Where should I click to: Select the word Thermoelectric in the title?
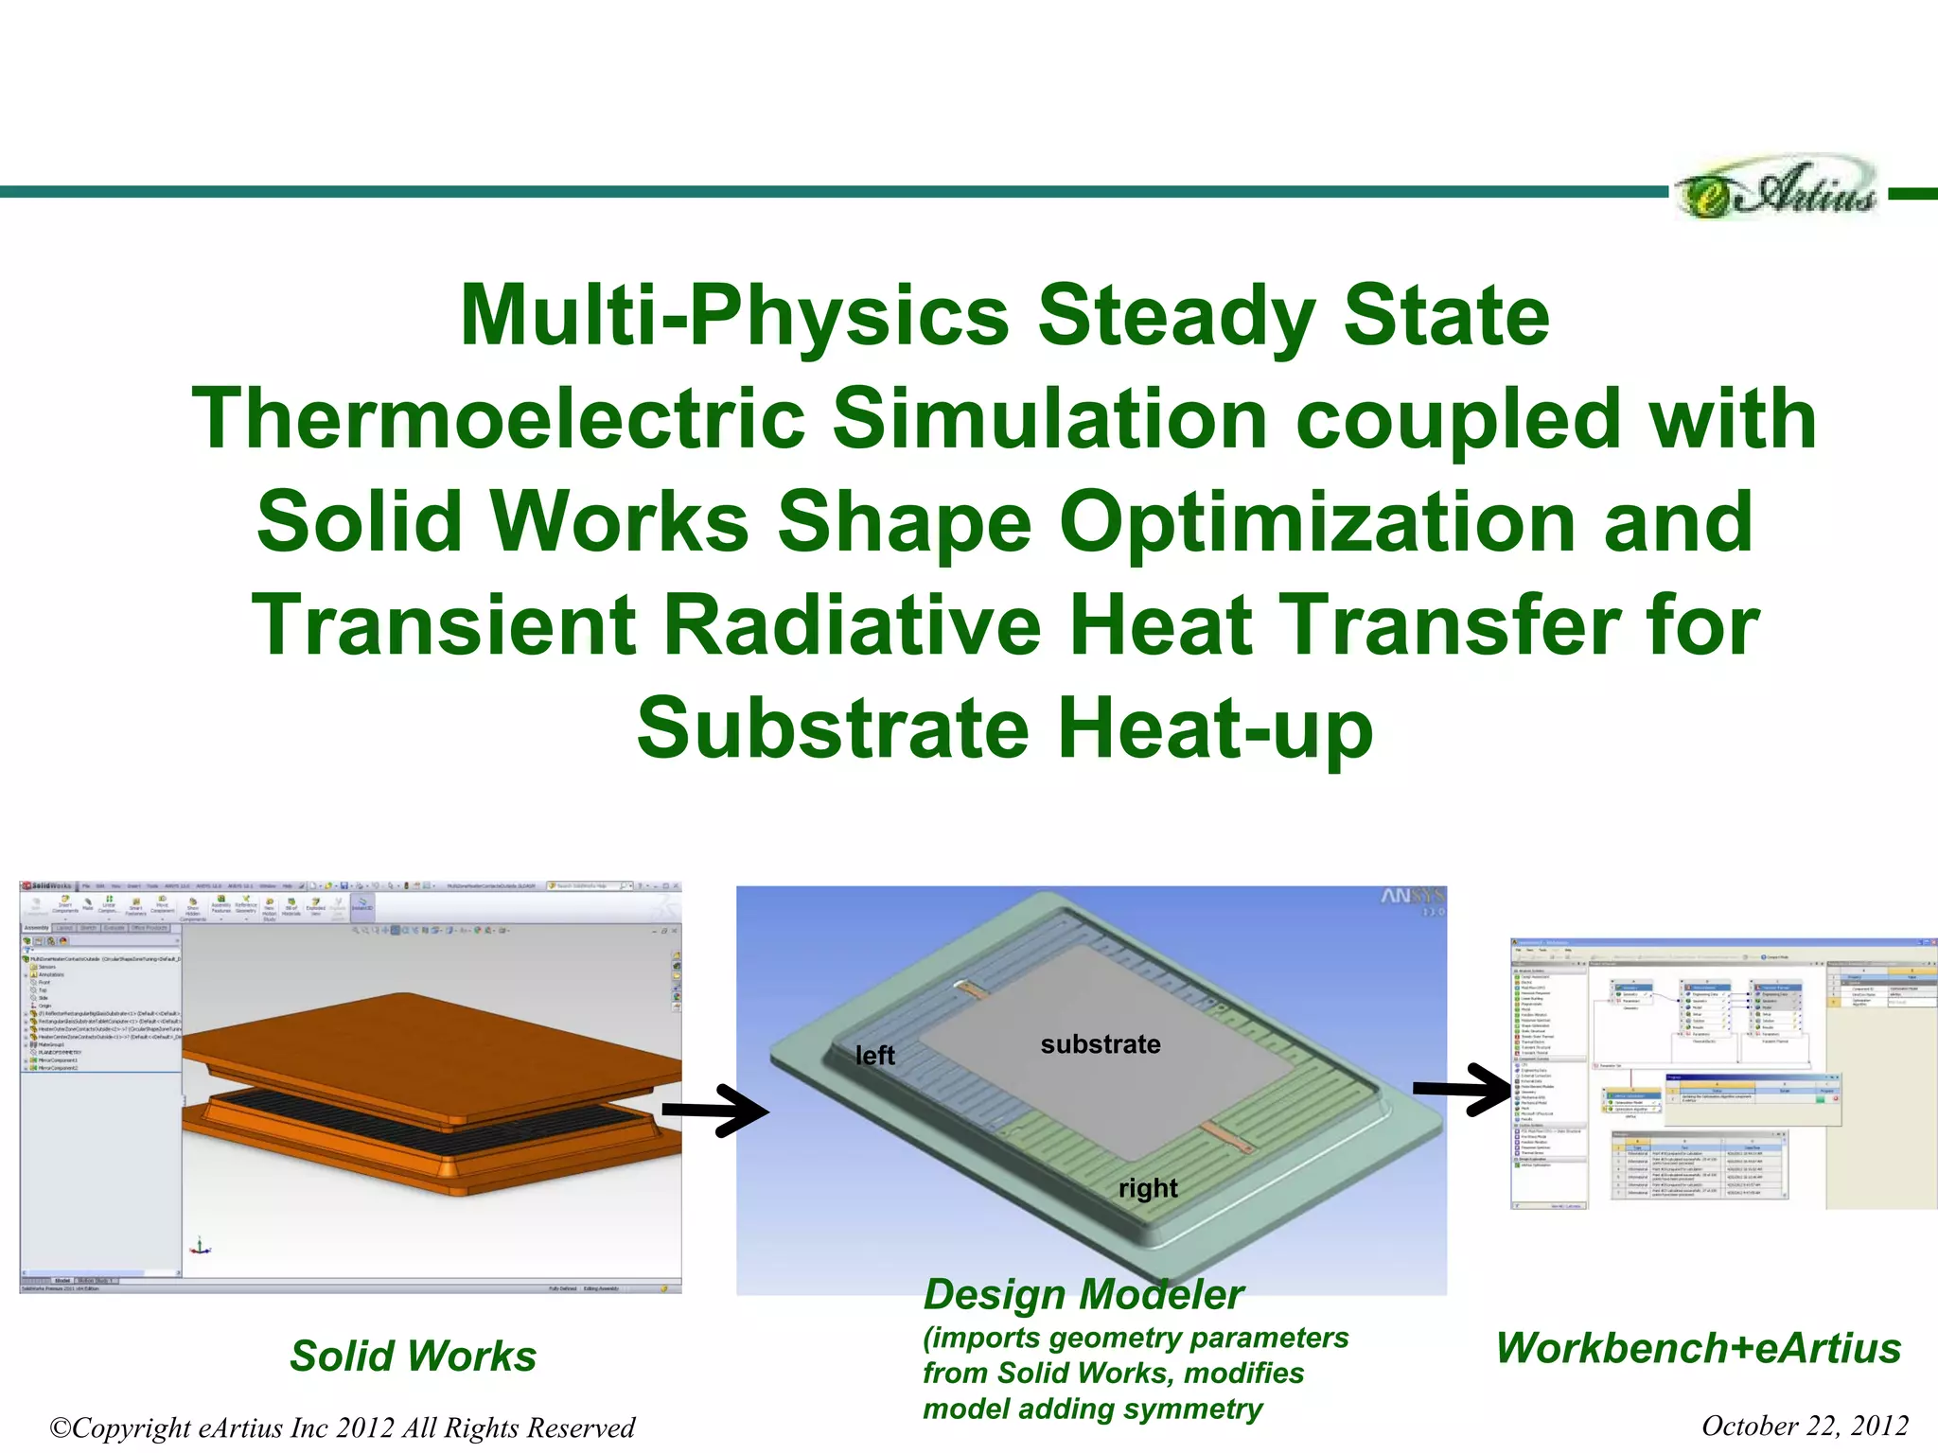(497, 419)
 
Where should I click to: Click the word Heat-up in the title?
(1214, 728)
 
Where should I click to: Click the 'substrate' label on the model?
(1100, 1044)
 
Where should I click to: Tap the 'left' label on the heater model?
(874, 1056)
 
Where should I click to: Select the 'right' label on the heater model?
(1148, 1188)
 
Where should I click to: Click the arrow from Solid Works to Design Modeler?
(716, 1110)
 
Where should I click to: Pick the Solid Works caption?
(414, 1356)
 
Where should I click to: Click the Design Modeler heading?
(1084, 1294)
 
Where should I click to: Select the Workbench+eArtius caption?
(1699, 1348)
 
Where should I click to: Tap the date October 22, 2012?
(1805, 1426)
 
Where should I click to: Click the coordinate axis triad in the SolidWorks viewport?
(199, 1247)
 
